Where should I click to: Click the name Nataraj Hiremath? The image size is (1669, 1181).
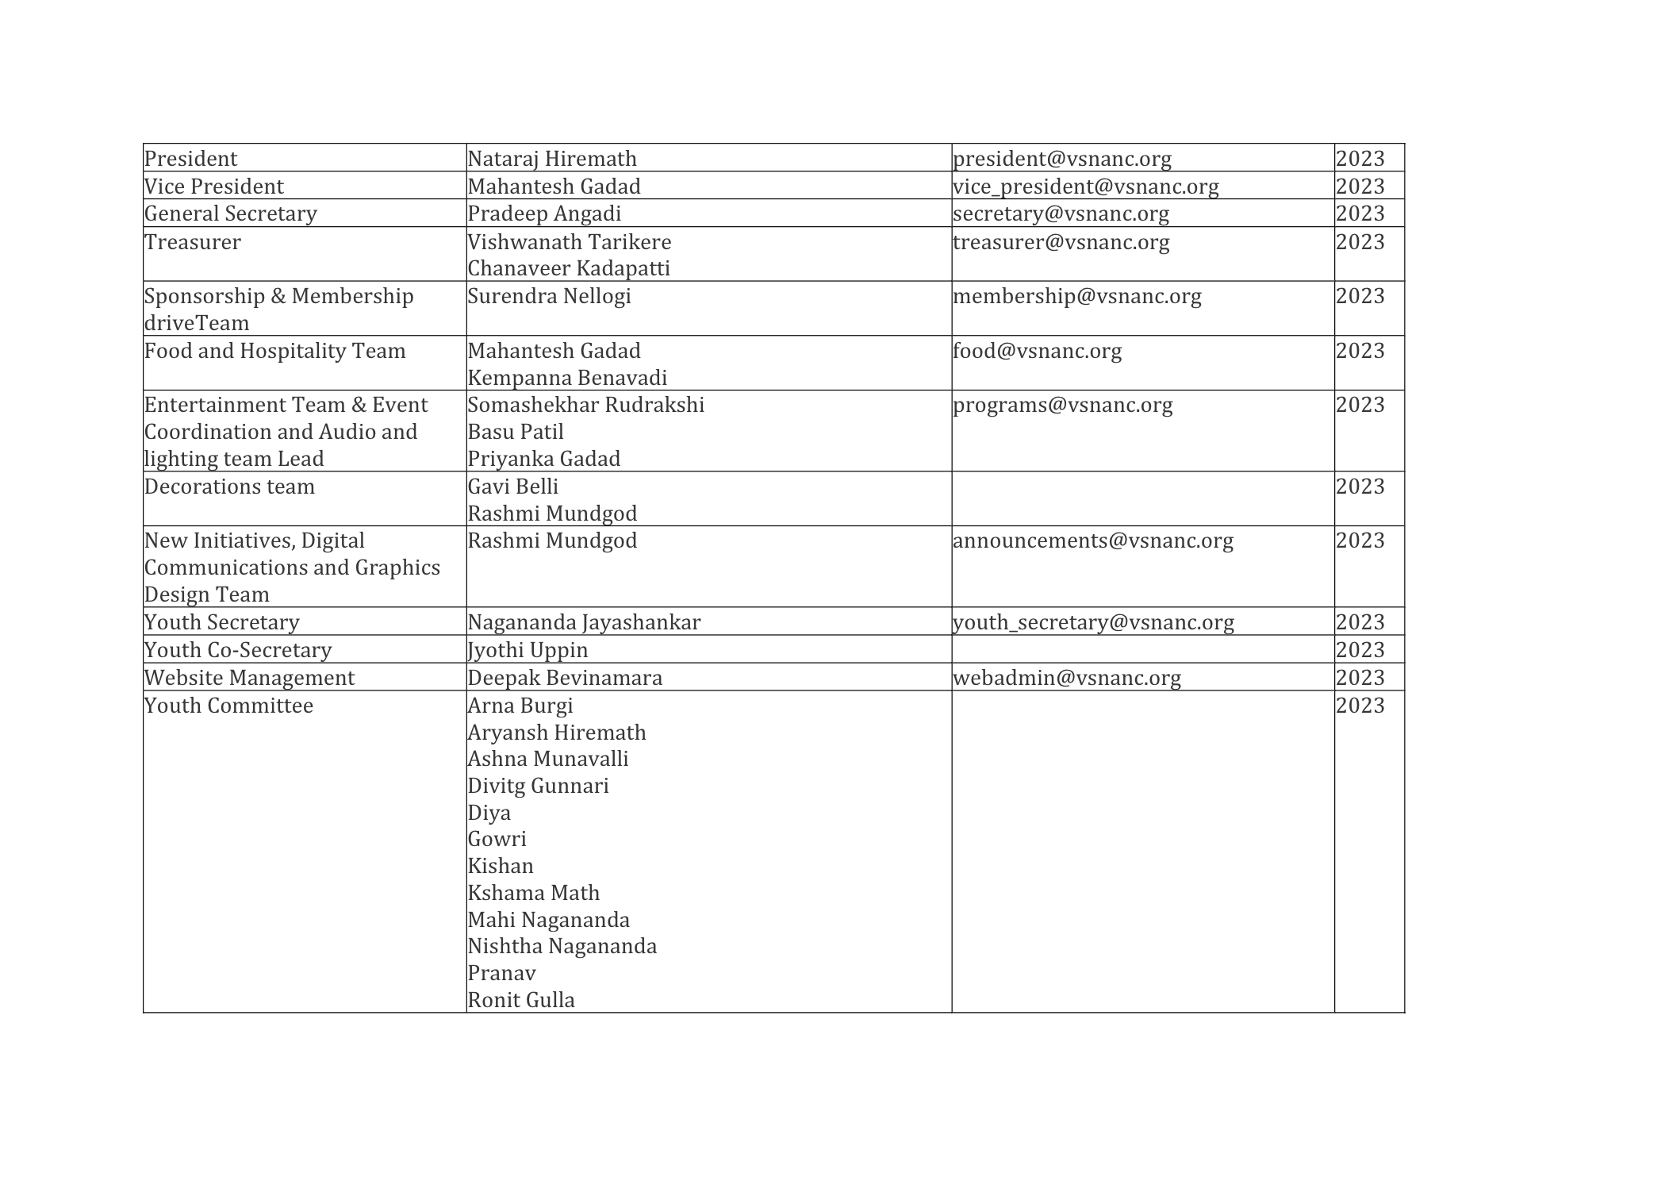coord(552,159)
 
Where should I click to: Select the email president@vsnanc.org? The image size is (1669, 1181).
coord(1062,159)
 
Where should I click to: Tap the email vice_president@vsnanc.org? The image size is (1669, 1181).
coord(1086,187)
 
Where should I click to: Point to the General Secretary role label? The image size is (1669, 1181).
coord(231,214)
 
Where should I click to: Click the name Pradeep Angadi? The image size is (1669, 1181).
coord(544,214)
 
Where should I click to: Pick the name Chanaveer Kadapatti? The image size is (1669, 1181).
coord(569,268)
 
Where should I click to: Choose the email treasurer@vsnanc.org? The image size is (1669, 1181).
coord(1061,241)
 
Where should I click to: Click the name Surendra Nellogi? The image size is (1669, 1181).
coord(549,296)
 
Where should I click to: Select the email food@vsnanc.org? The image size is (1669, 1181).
coord(1038,351)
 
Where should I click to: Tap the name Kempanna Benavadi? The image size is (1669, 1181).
coord(567,378)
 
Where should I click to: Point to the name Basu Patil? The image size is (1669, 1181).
coord(516,432)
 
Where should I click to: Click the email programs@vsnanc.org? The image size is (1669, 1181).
coord(1063,405)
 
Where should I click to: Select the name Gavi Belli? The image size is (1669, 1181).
coord(513,487)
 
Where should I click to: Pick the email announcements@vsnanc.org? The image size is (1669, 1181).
coord(1093,540)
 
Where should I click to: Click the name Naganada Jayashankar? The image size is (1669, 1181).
coord(584,622)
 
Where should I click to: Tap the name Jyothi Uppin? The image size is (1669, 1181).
coord(528,650)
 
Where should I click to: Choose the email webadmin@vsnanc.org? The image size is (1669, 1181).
coord(1067,678)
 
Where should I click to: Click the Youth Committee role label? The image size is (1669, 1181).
coord(228,706)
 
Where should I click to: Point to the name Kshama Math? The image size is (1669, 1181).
coord(533,893)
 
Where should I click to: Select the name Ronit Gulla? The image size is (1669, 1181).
coord(521,1000)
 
